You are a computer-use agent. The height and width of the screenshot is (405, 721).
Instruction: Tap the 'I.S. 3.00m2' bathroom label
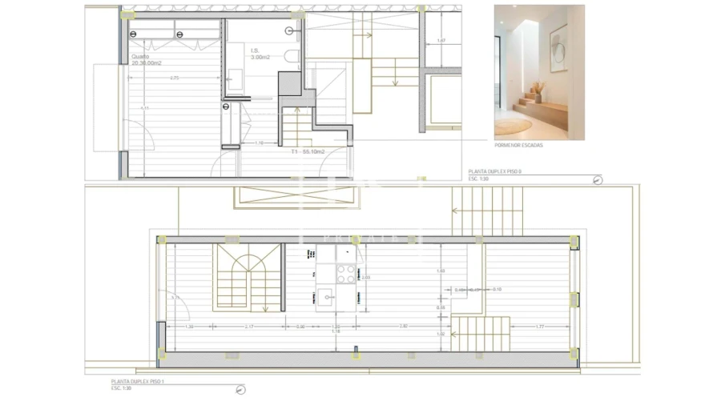coord(260,54)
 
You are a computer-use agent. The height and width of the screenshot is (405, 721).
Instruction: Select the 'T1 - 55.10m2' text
coord(308,151)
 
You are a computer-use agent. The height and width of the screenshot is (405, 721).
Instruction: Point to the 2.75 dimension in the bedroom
coord(174,78)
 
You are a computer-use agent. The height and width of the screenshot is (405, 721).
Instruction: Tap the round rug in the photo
coord(514,126)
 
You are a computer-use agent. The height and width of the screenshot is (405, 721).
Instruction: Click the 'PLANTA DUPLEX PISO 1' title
coord(138,382)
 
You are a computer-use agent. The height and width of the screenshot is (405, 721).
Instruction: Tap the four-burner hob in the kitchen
coord(345,274)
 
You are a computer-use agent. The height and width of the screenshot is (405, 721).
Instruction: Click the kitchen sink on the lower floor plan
coord(327,298)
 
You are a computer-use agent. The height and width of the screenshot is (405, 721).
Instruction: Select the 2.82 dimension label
coord(404,327)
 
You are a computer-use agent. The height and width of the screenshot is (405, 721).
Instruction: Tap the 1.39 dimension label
coord(189,327)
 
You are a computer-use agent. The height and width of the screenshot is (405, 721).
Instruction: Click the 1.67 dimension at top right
coord(441,40)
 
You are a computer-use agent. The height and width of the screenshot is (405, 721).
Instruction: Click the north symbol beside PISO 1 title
coord(241,390)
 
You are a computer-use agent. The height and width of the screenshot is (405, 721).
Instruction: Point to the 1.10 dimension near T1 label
coord(260,143)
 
